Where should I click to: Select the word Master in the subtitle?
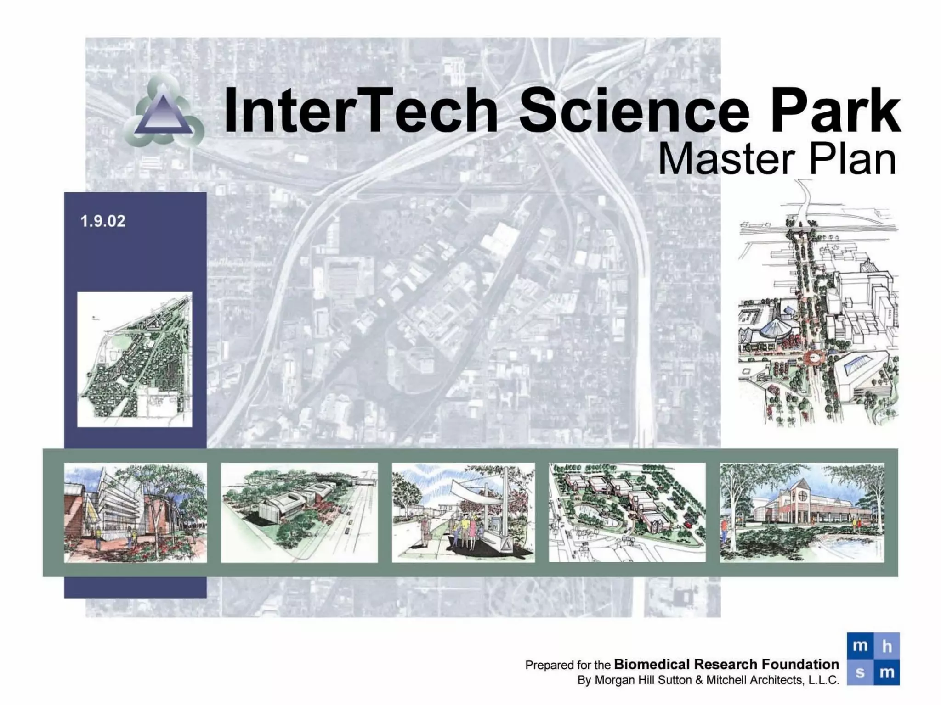pos(726,159)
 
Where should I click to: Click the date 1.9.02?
pos(102,221)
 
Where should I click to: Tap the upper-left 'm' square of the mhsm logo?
pos(860,646)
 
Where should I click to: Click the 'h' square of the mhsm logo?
pos(887,646)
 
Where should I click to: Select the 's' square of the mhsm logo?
pos(860,673)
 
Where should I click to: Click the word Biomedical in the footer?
pos(652,664)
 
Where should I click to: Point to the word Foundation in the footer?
pos(800,664)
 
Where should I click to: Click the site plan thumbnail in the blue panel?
pos(135,359)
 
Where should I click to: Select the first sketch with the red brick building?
pos(135,512)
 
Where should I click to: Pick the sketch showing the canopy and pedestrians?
pos(463,512)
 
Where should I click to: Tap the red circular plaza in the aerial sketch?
pos(815,357)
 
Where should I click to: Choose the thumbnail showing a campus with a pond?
pos(627,512)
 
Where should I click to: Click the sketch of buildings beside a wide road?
pos(299,512)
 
